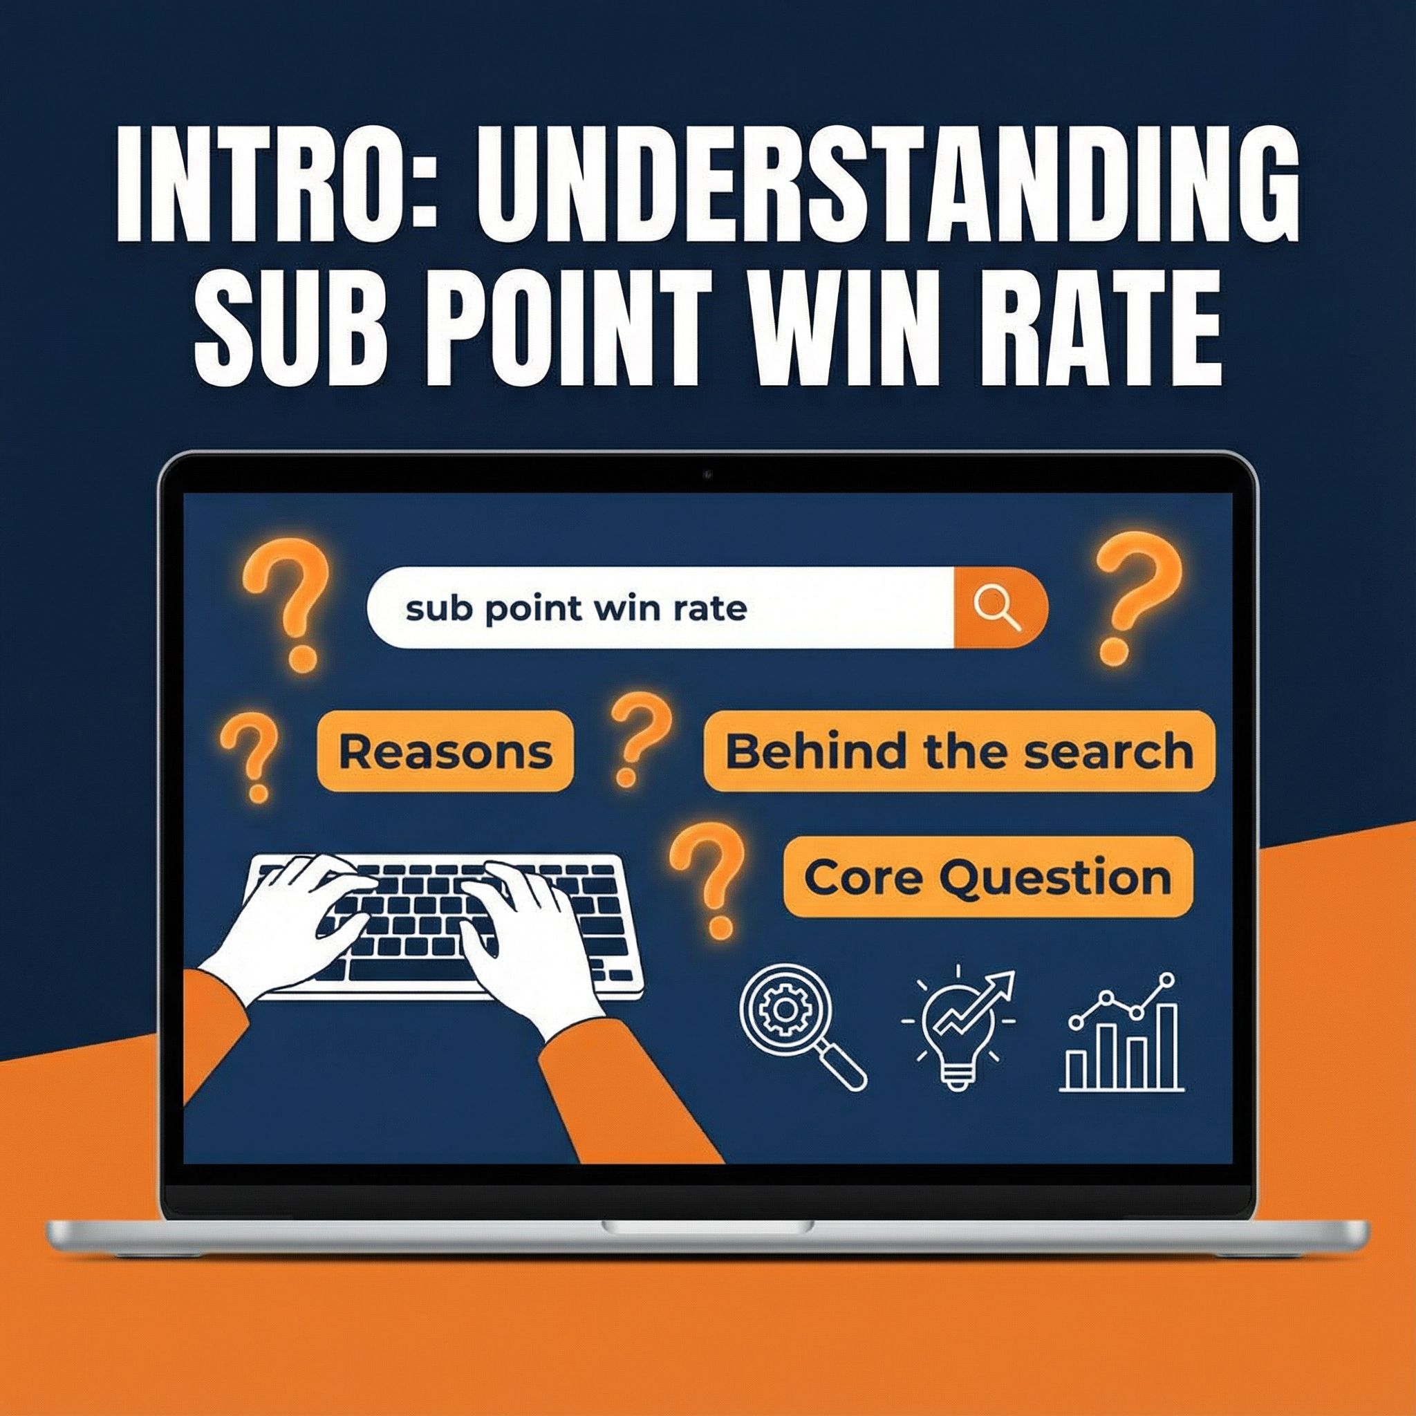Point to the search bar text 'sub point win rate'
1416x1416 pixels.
576,608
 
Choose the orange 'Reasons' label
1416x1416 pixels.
445,752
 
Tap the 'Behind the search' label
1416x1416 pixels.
960,752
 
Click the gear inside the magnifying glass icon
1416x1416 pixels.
783,1010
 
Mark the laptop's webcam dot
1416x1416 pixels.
708,475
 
